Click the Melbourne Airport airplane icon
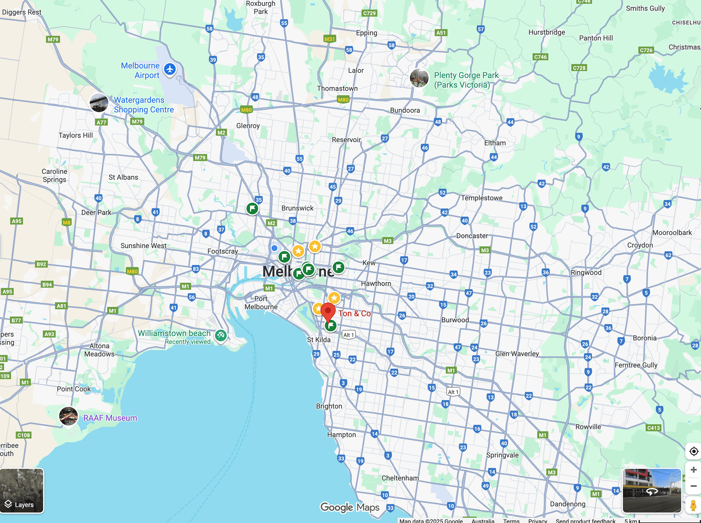170,69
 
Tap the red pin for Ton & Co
328,311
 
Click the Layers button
22,490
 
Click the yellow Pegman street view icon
693,506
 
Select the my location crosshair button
693,451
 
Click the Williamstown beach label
174,333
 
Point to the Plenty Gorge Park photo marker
419,78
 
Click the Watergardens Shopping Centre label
144,105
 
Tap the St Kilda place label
319,340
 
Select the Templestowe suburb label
482,198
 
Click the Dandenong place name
567,504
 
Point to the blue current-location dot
274,248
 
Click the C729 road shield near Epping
369,13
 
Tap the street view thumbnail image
651,490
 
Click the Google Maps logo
350,508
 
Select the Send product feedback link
585,520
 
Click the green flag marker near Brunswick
252,208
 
